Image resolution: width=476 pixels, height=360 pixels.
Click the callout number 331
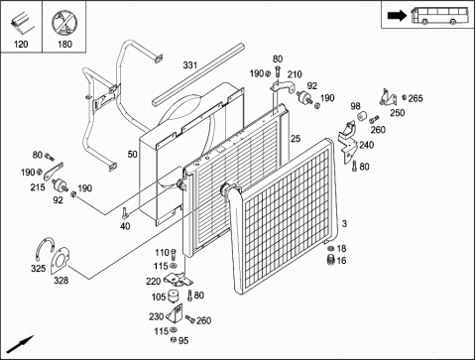coord(190,65)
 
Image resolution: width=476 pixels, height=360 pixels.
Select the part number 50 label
coord(132,154)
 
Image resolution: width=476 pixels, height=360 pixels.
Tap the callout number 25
coord(296,139)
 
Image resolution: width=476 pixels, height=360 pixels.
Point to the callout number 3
coord(344,224)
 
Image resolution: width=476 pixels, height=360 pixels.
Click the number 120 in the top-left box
coord(21,44)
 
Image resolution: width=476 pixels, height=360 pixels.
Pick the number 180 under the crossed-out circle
coord(64,44)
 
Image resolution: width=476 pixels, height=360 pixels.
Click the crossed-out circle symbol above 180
coord(64,23)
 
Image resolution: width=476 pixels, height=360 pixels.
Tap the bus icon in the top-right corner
coord(440,15)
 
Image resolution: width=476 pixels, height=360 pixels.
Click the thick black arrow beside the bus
coord(397,16)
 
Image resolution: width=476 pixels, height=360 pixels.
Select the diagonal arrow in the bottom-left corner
coord(21,344)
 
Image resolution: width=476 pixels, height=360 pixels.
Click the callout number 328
coord(61,281)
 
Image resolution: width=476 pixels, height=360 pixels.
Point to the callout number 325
coord(39,268)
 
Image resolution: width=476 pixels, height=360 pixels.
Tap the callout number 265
coord(416,98)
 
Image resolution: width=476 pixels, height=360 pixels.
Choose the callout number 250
coord(397,113)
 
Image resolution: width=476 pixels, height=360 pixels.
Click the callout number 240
coord(367,145)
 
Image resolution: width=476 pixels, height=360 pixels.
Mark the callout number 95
coord(183,340)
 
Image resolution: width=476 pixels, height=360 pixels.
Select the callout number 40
coord(125,226)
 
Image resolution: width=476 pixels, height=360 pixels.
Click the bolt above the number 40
coord(124,213)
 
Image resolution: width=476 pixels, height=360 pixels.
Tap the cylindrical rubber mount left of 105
coord(172,296)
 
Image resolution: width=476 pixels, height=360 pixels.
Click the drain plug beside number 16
coord(330,260)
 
